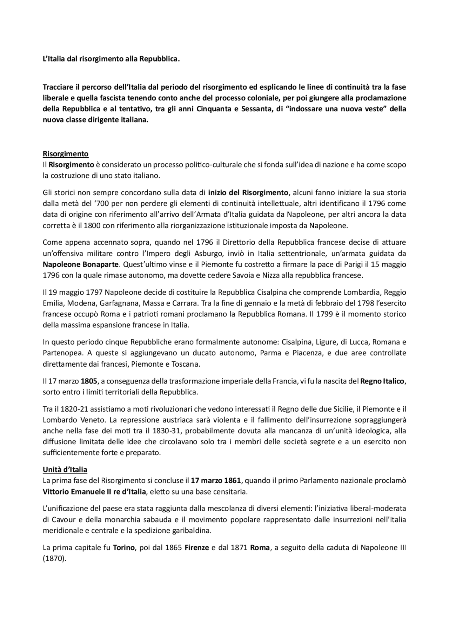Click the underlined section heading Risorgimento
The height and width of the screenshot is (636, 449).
coord(65,153)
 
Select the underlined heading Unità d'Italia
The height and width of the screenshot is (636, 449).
coord(65,470)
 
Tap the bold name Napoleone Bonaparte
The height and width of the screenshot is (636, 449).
coord(81,264)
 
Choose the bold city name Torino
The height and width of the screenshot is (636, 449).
coord(124,548)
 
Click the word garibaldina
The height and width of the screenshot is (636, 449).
coord(194,530)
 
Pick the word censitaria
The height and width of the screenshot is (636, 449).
coord(230,491)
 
